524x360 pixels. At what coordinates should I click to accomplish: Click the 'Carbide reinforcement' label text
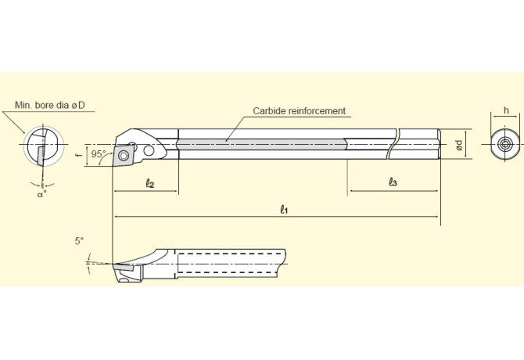point(299,111)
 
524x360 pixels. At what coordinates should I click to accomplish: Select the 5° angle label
point(79,242)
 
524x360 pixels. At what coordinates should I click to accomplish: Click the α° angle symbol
point(41,195)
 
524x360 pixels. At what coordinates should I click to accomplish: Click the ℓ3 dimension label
point(393,182)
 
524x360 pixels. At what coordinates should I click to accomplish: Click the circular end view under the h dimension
point(505,145)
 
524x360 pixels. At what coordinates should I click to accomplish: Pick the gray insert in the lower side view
point(124,267)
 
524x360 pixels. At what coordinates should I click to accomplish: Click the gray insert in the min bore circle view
point(36,155)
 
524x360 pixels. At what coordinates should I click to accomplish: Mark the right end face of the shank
point(440,144)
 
